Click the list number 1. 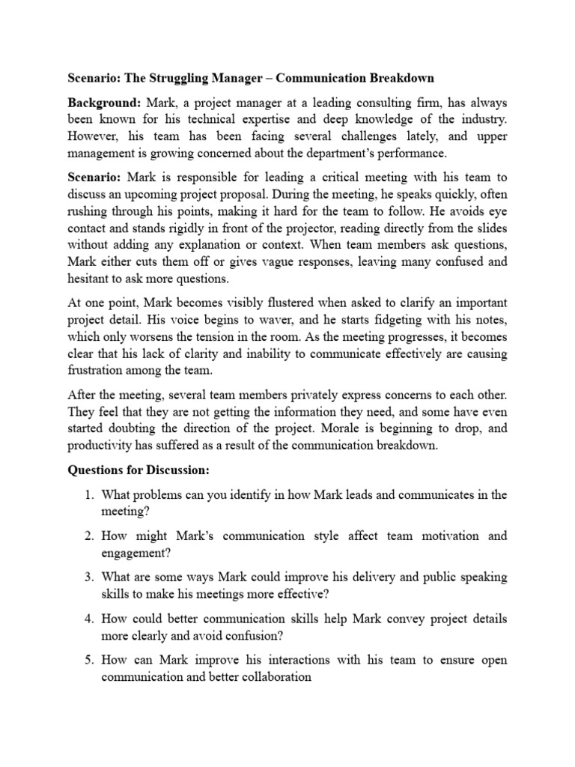coord(88,494)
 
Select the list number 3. coord(88,577)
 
